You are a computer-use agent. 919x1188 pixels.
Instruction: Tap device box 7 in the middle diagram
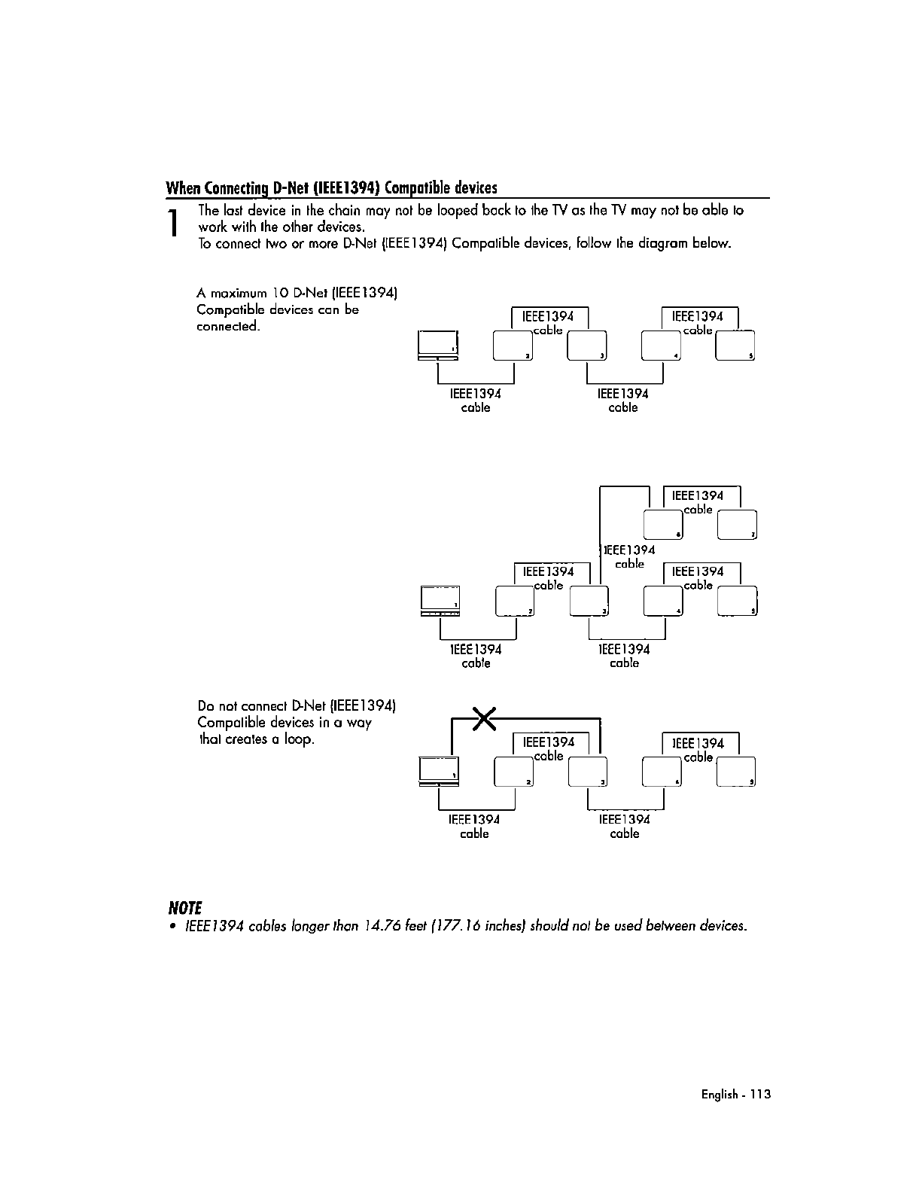pyautogui.click(x=738, y=525)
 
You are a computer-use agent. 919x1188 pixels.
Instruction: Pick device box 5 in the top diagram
pyautogui.click(x=735, y=346)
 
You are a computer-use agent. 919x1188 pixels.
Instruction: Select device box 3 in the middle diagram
pyautogui.click(x=589, y=600)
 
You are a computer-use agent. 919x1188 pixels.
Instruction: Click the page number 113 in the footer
pyautogui.click(x=760, y=1095)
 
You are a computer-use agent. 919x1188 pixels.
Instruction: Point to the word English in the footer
pyautogui.click(x=720, y=1095)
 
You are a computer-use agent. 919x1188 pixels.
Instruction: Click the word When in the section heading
pyautogui.click(x=184, y=187)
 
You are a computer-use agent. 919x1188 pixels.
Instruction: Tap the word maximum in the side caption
pyautogui.click(x=242, y=292)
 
